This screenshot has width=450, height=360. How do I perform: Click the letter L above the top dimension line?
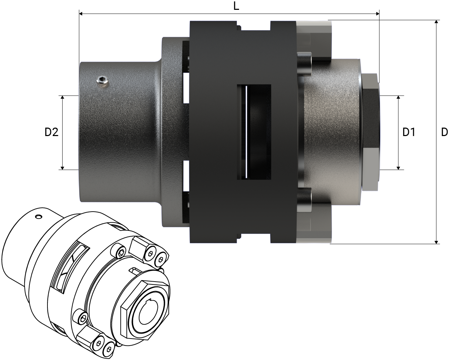point(236,6)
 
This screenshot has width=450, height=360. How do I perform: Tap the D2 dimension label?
point(51,133)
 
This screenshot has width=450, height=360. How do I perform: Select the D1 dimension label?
point(409,133)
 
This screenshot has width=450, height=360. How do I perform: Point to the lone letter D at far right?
point(444,133)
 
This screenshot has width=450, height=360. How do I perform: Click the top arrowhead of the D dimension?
point(436,22)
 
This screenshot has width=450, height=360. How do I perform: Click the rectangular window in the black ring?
point(254,132)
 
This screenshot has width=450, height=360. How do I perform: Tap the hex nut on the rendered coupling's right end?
point(371,132)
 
